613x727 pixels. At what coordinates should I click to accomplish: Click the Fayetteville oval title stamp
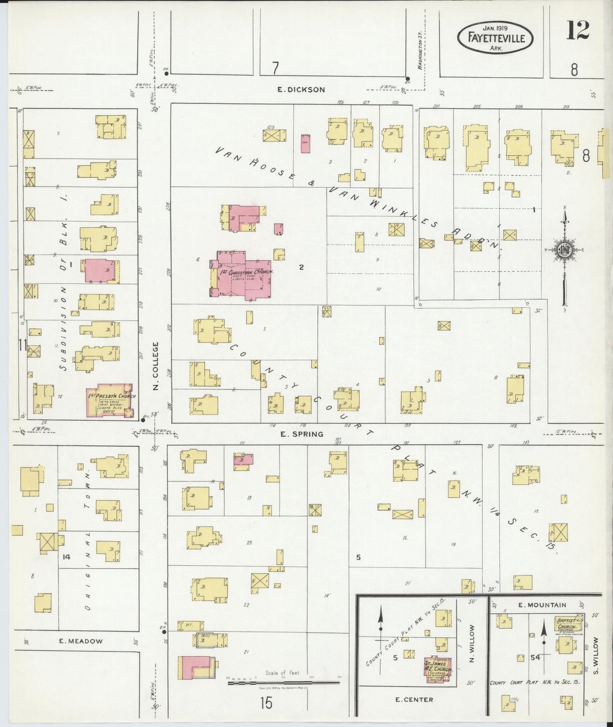point(495,38)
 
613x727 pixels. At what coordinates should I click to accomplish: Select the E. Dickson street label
point(301,89)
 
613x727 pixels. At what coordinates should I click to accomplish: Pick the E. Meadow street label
point(81,641)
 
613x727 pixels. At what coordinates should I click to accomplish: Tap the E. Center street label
point(414,699)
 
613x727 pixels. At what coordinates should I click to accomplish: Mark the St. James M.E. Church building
point(437,670)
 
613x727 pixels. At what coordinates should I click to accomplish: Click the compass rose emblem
point(565,250)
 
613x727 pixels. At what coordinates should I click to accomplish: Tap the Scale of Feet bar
point(283,684)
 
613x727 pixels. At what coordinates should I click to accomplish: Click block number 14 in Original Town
point(66,557)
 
